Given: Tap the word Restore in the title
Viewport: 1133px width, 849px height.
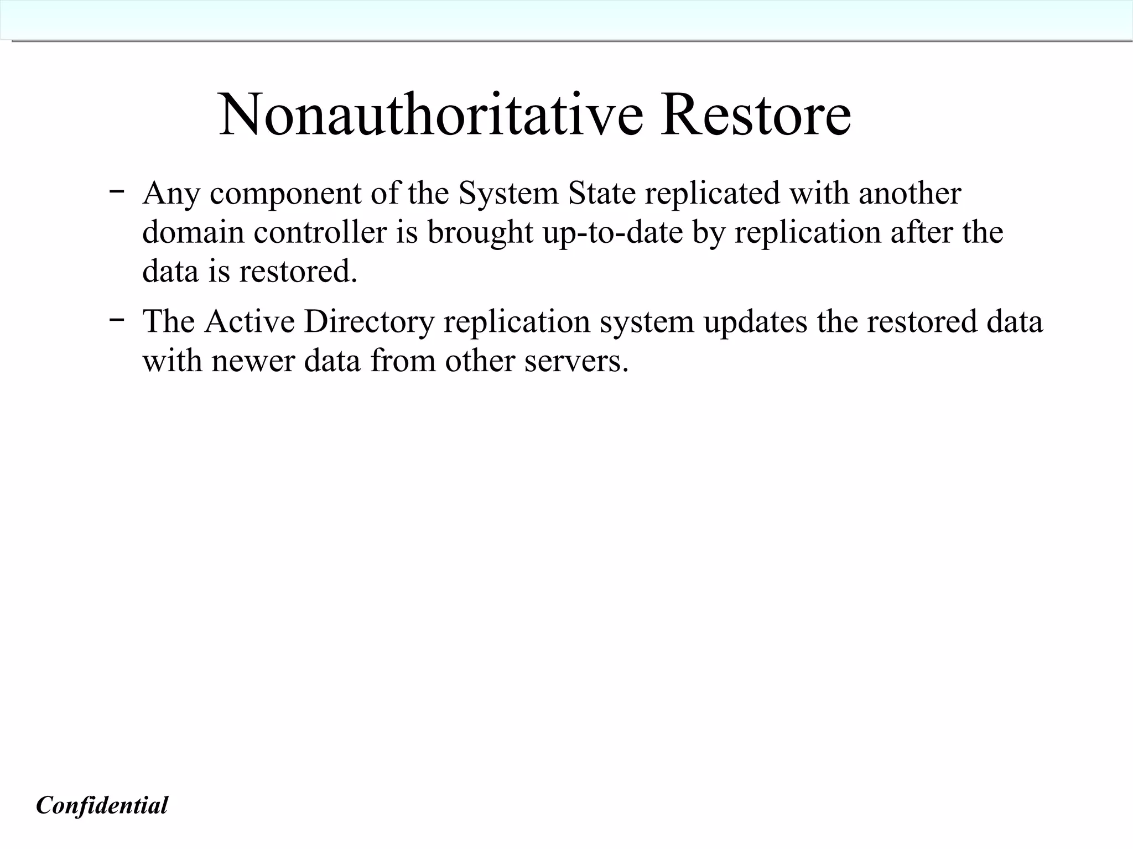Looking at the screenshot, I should pyautogui.click(x=756, y=114).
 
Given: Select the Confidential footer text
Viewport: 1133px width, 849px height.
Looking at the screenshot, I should pyautogui.click(x=102, y=805).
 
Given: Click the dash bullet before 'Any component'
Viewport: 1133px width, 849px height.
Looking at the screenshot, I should pyautogui.click(x=116, y=191).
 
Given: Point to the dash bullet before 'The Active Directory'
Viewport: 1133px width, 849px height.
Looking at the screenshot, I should pyautogui.click(x=116, y=319).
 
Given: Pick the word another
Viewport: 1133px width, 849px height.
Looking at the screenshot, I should pyautogui.click(x=909, y=193).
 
